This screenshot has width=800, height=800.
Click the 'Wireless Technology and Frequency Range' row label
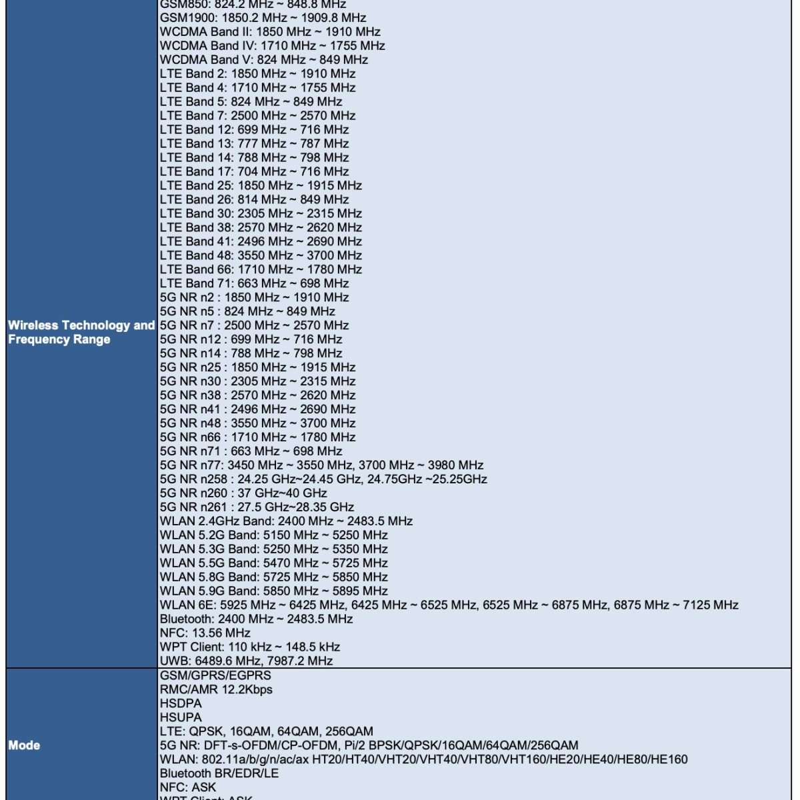pos(81,332)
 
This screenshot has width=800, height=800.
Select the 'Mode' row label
pos(24,745)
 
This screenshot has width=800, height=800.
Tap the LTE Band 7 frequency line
pos(254,115)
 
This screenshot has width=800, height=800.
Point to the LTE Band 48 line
pos(261,255)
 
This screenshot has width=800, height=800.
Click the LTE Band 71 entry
pos(254,283)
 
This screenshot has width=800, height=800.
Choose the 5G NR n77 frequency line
pos(321,465)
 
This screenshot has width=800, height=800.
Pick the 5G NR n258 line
pos(323,479)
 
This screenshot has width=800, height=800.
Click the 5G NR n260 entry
pos(243,493)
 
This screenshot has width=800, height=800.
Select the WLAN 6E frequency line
pos(449,605)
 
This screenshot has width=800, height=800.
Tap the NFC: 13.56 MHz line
pos(205,633)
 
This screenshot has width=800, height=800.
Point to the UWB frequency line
pos(246,661)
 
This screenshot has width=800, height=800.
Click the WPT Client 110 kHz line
pos(250,647)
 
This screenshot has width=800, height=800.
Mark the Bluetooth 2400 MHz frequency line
pos(256,619)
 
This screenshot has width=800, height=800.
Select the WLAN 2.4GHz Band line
pos(286,521)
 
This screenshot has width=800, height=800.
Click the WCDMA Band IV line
pos(272,45)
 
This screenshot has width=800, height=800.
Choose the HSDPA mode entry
pos(181,703)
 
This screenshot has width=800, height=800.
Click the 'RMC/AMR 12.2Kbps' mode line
pos(216,689)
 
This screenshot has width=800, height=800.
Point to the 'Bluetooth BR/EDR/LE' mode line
pos(219,773)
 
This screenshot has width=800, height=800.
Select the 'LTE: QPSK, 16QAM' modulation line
pos(266,731)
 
